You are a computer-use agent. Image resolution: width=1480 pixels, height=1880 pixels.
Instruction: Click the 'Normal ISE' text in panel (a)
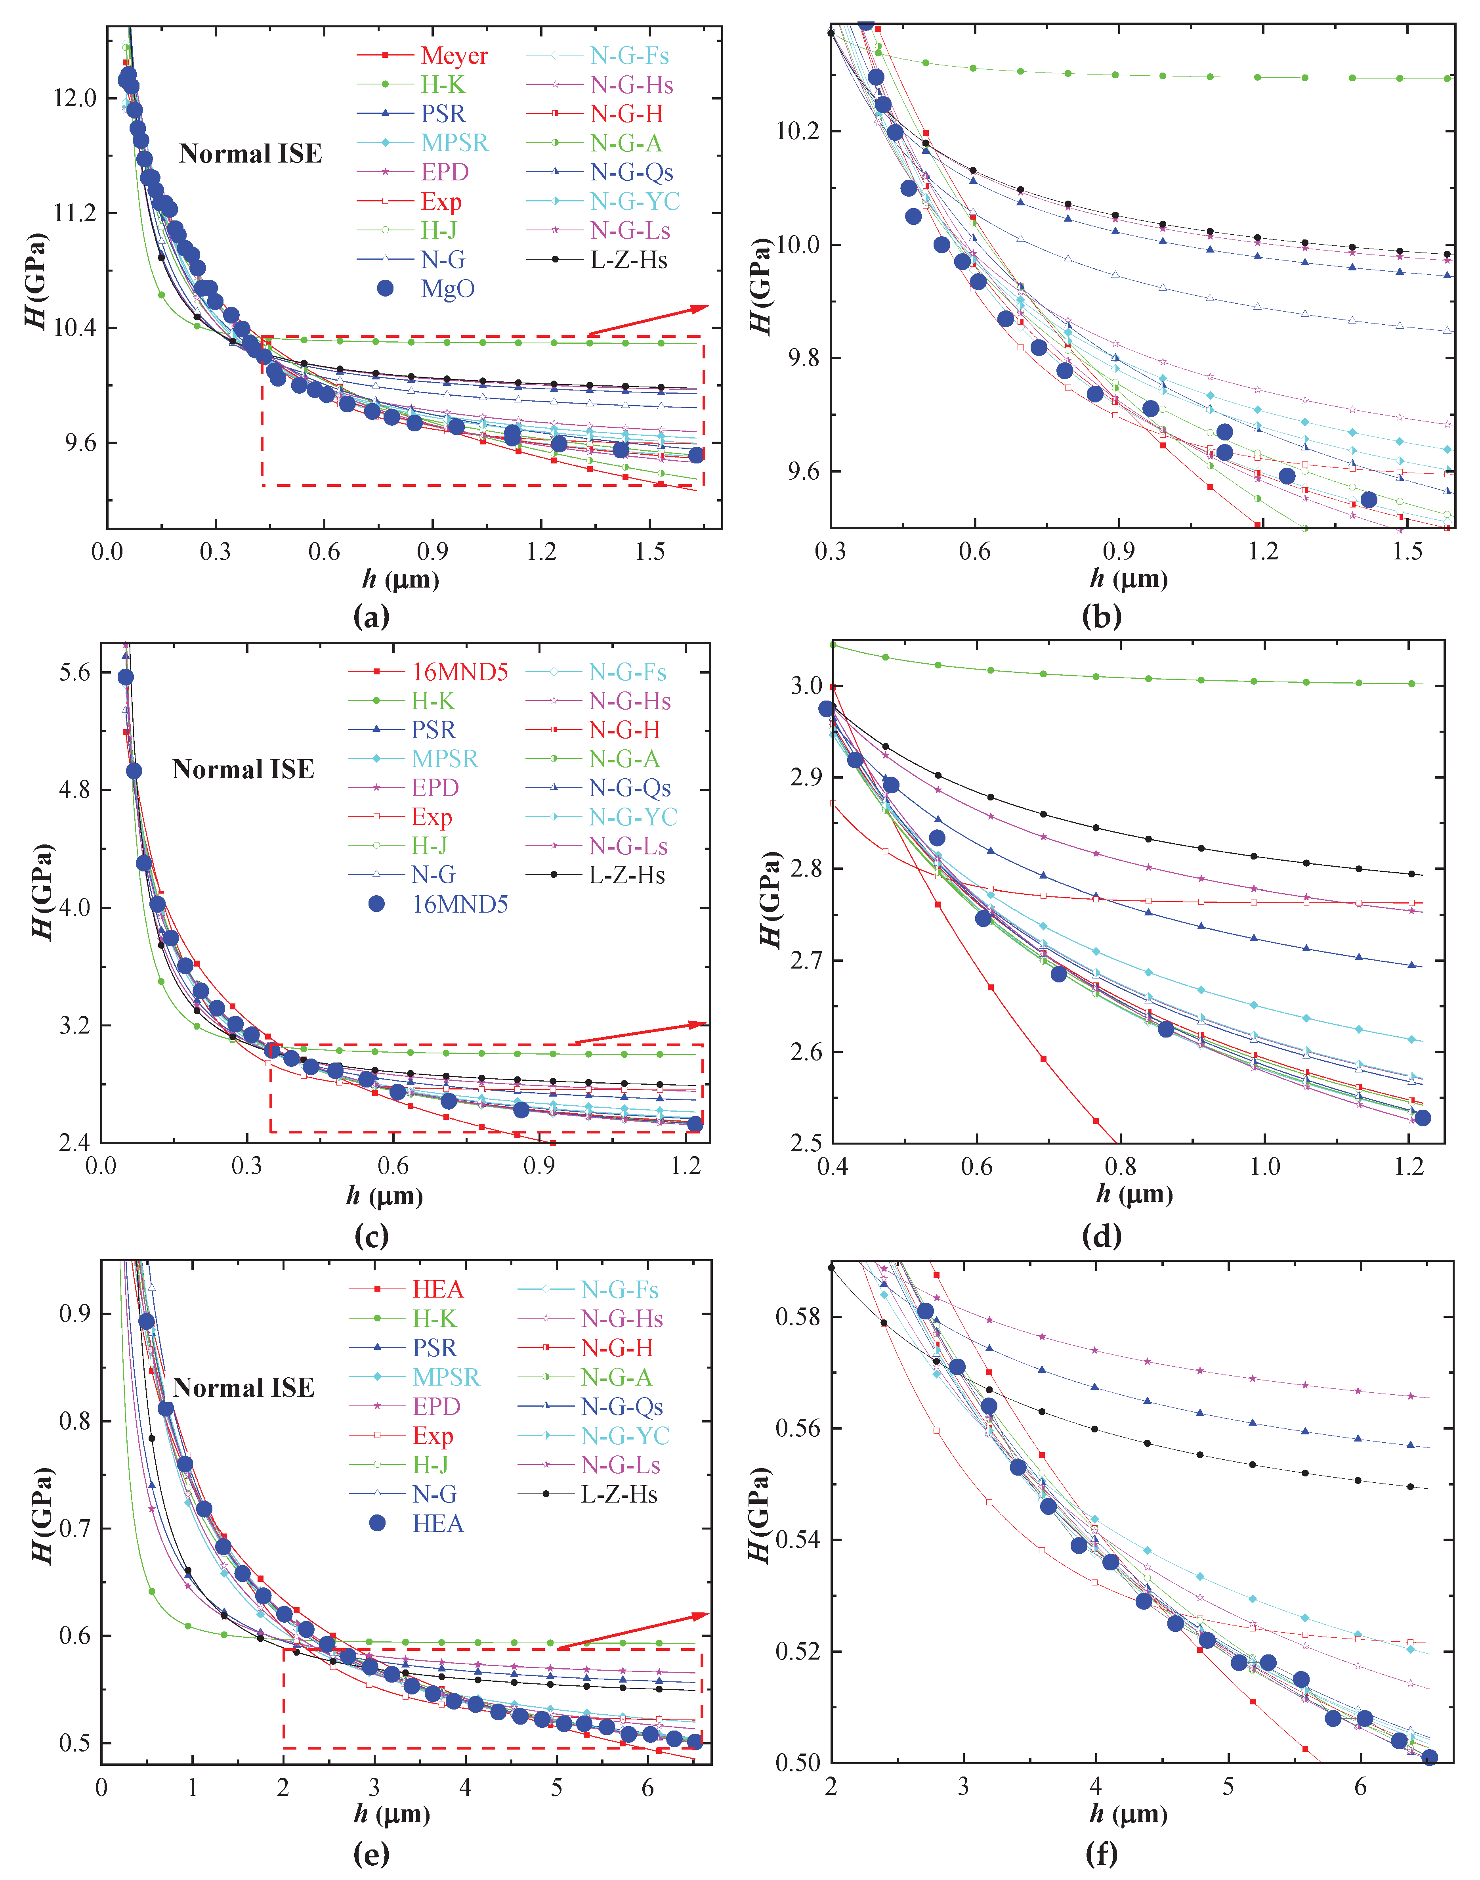pos(250,154)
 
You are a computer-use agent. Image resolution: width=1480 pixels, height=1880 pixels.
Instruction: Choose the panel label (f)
pos(1101,1854)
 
